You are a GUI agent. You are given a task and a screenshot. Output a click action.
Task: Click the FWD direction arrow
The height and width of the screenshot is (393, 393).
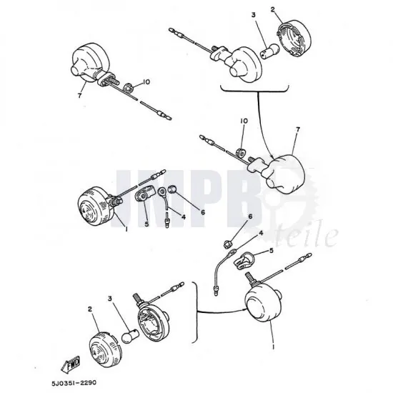pos(71,363)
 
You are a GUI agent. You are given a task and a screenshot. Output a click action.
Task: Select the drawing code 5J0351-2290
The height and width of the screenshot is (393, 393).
pos(74,383)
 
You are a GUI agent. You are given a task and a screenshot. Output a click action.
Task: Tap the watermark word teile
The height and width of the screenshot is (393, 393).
pos(308,237)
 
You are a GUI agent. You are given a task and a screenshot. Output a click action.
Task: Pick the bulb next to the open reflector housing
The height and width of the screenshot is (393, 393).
pos(129,335)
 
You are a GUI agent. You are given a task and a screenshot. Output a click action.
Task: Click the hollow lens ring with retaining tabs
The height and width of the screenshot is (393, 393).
pos(293,37)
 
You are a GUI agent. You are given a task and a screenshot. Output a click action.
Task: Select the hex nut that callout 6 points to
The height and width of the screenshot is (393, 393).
pos(228,243)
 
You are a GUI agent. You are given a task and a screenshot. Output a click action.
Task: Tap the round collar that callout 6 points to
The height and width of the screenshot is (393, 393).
pos(172,189)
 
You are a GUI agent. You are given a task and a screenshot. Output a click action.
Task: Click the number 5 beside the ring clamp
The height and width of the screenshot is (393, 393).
pos(272,250)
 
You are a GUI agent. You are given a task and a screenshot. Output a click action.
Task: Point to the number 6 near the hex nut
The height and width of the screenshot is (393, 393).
pos(250,217)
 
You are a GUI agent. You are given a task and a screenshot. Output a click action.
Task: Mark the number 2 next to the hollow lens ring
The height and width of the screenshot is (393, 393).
pos(273,9)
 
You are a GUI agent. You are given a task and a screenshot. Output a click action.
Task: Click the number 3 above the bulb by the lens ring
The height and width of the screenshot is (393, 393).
pos(254,15)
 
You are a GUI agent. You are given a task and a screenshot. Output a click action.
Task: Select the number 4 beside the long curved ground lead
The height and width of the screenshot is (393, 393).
pos(261,233)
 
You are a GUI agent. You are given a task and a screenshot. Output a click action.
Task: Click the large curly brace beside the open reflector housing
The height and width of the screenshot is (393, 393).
pos(195,312)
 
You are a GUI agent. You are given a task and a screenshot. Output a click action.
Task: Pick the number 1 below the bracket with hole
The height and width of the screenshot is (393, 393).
pos(126,229)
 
